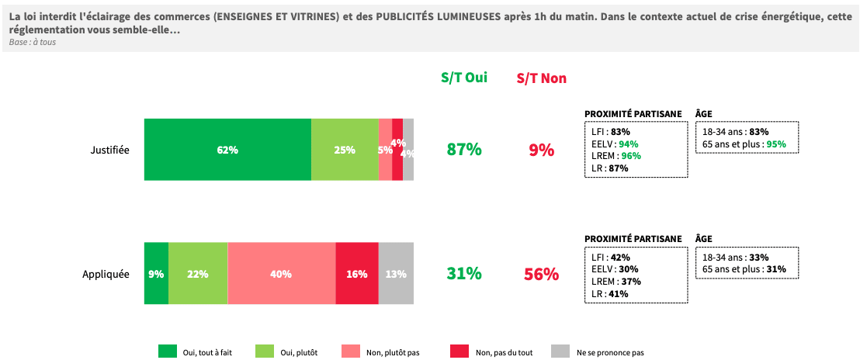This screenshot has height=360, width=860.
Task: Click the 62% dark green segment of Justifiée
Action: click(x=227, y=150)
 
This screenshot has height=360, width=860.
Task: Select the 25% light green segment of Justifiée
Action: click(x=345, y=150)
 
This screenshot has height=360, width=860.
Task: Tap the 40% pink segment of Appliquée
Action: click(x=281, y=273)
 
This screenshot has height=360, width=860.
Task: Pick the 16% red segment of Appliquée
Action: click(x=357, y=273)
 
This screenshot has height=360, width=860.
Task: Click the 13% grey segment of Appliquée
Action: click(x=396, y=273)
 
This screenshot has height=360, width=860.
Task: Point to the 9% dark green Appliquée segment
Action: click(x=156, y=273)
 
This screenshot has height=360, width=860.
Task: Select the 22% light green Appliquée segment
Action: click(x=198, y=273)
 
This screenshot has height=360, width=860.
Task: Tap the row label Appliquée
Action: click(x=106, y=274)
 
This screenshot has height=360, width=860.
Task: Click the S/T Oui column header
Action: click(x=464, y=78)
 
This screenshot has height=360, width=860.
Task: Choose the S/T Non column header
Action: click(x=542, y=78)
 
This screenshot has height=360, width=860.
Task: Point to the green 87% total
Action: click(x=464, y=150)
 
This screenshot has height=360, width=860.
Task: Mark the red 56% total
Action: click(x=542, y=274)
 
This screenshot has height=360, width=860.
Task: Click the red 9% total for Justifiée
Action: click(x=542, y=150)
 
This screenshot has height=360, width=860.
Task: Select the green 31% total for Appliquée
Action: click(x=464, y=274)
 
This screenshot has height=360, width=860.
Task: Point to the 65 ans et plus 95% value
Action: click(x=776, y=144)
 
